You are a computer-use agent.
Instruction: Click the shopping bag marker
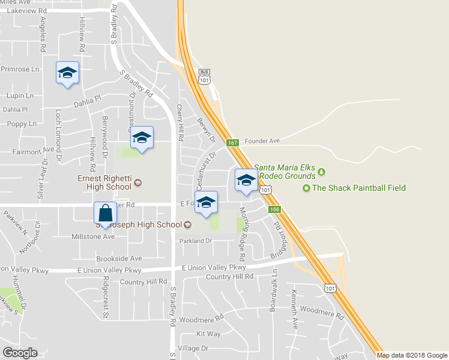click(x=105, y=214)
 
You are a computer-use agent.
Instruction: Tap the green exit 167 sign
click(x=233, y=143)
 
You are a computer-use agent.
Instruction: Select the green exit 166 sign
click(x=275, y=209)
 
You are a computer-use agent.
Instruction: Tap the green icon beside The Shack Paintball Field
click(x=307, y=188)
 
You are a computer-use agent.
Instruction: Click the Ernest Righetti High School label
click(x=104, y=182)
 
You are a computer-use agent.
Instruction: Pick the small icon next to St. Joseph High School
click(x=187, y=225)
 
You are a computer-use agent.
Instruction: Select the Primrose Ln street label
click(x=20, y=69)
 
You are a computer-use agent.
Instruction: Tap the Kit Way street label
click(x=208, y=334)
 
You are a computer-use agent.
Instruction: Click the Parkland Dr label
click(x=196, y=241)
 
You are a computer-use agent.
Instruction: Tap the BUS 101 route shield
click(x=205, y=77)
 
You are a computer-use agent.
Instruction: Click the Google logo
click(x=20, y=353)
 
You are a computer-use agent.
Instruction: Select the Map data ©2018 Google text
click(x=412, y=355)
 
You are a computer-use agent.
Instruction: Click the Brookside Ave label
click(x=119, y=259)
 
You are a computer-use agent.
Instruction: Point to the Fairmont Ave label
click(x=33, y=152)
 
